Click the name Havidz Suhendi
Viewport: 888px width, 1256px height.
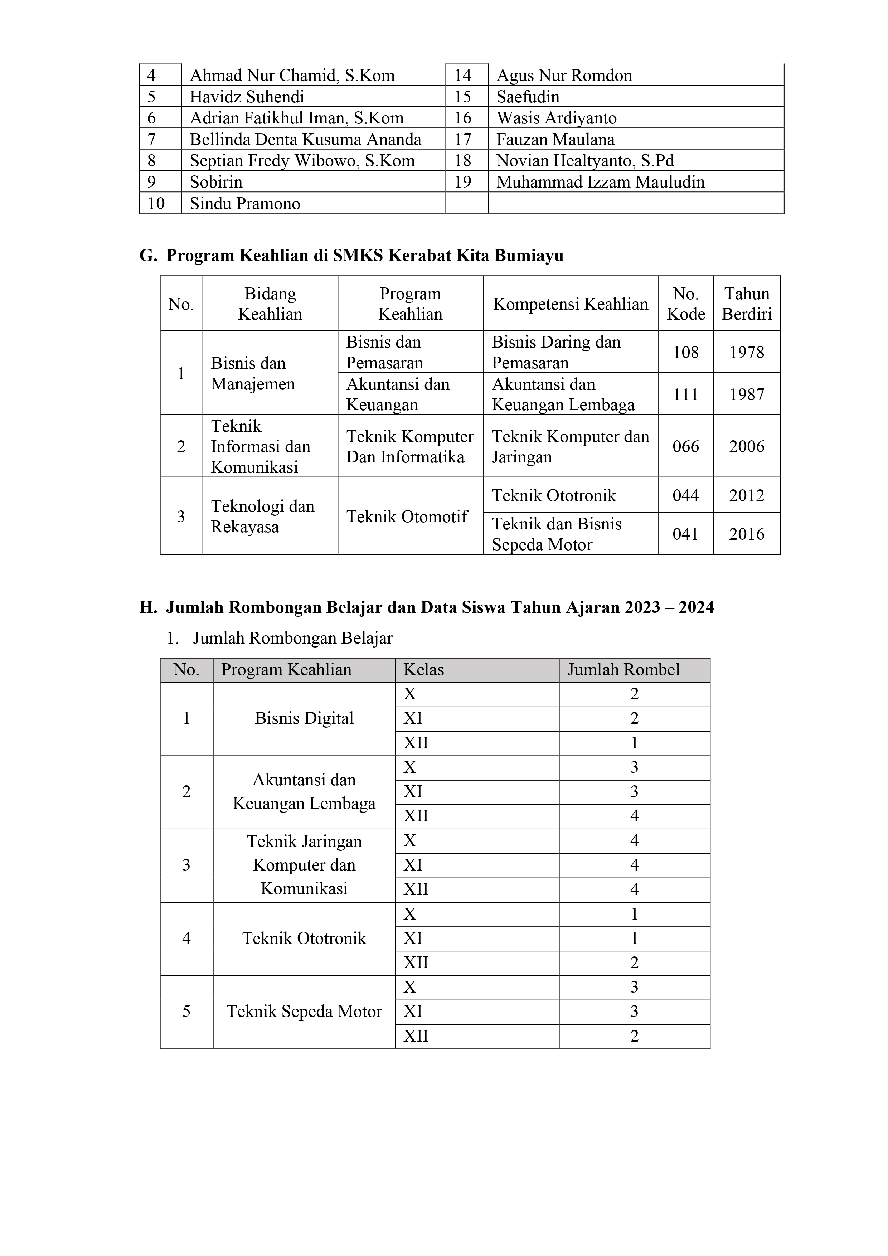point(247,97)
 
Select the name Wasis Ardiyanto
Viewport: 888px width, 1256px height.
point(557,118)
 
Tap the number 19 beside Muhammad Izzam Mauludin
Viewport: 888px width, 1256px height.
point(463,182)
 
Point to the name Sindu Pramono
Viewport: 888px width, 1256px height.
point(245,204)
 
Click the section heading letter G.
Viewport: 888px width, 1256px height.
point(148,256)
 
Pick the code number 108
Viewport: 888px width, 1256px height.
point(685,352)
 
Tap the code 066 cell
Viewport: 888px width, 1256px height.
point(685,446)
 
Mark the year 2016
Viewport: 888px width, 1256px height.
point(746,534)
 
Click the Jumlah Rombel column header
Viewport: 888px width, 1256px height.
point(623,670)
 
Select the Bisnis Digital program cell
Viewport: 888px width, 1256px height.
point(304,718)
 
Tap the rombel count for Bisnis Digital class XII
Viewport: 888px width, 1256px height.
point(634,743)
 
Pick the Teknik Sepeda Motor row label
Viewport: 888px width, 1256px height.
point(304,1012)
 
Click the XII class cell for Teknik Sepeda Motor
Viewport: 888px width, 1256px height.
point(416,1036)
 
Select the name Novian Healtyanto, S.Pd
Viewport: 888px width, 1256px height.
point(585,161)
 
